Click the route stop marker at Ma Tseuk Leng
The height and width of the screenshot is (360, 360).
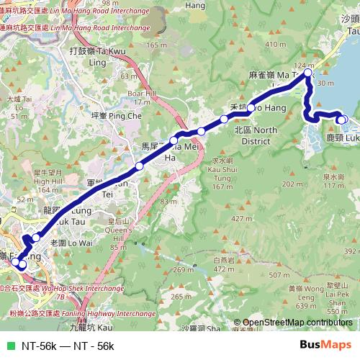pyautogui.click(x=308, y=73)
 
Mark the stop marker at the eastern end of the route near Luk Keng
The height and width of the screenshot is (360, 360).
pyautogui.click(x=343, y=120)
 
